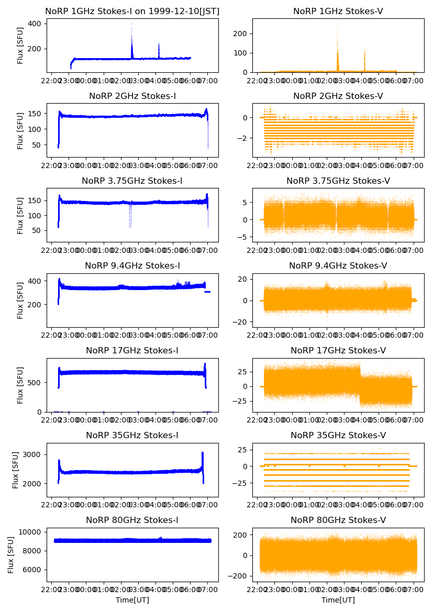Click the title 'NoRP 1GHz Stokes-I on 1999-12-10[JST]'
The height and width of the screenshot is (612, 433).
[x=132, y=11]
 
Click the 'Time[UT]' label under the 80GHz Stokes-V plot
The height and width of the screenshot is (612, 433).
[x=338, y=600]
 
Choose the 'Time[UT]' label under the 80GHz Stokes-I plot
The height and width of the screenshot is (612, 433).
[x=132, y=600]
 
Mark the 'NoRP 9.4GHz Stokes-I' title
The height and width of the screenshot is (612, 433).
[x=132, y=265]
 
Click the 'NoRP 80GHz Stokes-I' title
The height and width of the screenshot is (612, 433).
[x=132, y=520]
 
